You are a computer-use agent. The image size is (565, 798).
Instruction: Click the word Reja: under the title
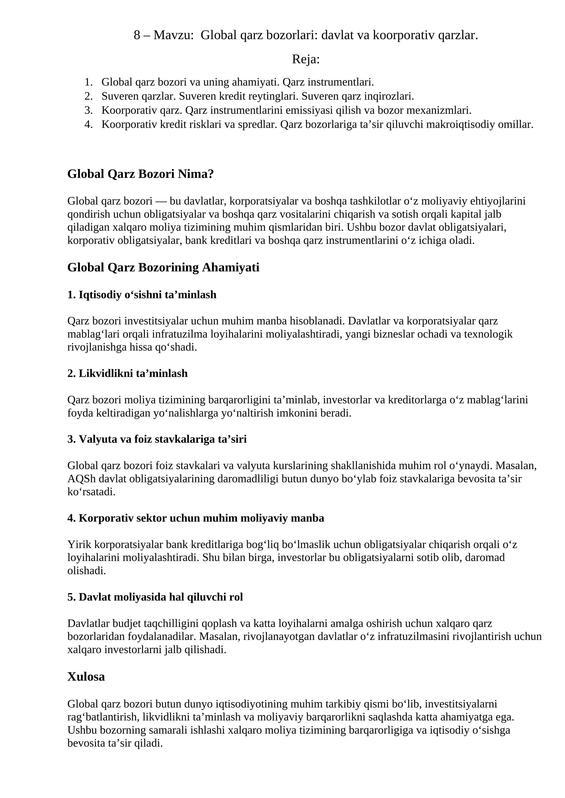click(305, 59)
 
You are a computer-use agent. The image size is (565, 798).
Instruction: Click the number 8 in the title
click(137, 35)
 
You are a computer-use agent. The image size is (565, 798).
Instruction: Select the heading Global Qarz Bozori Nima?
click(141, 174)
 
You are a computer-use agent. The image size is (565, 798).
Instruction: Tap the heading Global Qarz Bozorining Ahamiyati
click(163, 267)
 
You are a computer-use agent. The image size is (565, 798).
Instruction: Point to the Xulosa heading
click(86, 676)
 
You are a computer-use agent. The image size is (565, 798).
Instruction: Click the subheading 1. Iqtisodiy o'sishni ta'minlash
click(142, 294)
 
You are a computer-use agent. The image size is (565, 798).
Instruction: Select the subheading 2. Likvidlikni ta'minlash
click(127, 373)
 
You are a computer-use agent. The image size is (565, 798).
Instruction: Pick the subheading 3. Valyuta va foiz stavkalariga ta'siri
click(157, 439)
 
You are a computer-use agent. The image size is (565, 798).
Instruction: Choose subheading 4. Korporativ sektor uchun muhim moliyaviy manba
click(196, 518)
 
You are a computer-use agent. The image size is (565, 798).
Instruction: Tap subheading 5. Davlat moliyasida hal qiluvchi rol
click(155, 597)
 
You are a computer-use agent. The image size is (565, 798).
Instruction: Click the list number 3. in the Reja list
click(88, 110)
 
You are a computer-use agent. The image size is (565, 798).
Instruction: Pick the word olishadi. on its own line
click(87, 570)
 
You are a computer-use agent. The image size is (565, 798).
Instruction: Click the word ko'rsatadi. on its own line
click(91, 492)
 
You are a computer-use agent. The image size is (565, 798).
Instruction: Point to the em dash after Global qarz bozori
click(161, 201)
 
